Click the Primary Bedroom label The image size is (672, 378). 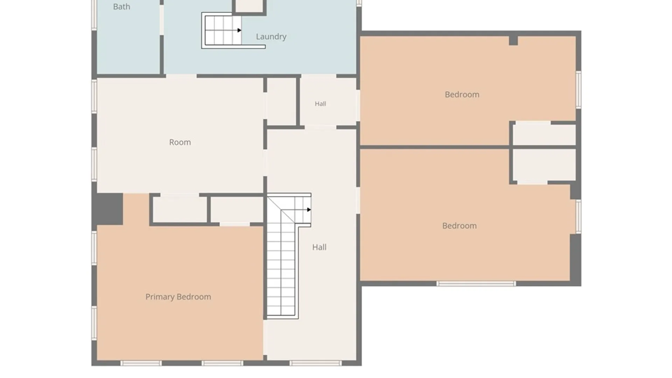178,297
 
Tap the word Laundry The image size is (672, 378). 271,36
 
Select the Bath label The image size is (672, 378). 121,7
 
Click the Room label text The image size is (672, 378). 180,142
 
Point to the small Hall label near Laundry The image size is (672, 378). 320,104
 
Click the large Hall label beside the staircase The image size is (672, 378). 319,247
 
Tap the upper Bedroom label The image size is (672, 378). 462,94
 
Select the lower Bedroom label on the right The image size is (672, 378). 459,226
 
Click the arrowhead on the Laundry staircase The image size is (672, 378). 239,30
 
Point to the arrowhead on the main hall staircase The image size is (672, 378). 309,210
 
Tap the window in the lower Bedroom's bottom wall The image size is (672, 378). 476,283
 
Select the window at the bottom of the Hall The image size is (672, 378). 316,363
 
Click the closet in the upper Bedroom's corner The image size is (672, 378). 544,134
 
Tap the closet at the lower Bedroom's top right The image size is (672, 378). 544,165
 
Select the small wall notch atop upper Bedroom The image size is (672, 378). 513,41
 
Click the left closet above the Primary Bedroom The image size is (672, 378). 180,209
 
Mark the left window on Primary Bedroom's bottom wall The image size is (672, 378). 141,363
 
